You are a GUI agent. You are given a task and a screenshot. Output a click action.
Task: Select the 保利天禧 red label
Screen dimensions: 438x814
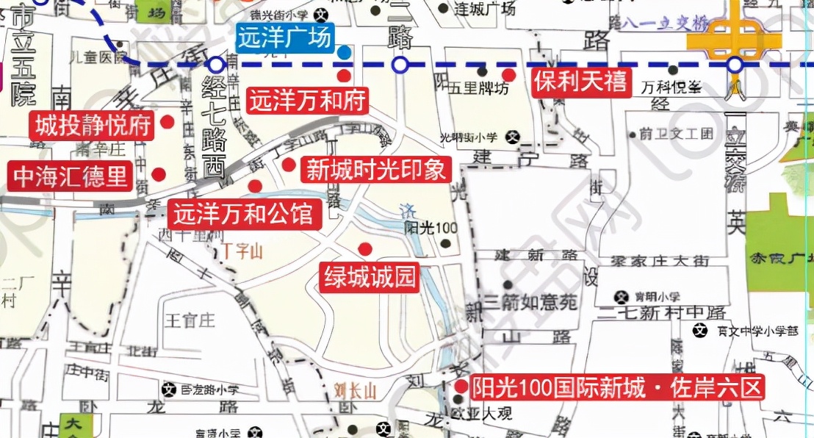pos(581,82)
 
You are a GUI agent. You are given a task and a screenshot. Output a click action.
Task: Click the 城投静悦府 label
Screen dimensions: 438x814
pos(93,125)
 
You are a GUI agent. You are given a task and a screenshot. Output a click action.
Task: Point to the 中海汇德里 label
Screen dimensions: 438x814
pos(71,176)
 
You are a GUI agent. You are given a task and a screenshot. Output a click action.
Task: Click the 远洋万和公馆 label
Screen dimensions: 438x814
pos(244,215)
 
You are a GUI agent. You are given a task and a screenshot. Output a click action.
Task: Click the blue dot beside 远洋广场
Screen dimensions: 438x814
pos(344,51)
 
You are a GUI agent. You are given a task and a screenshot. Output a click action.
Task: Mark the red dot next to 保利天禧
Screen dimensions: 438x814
pos(508,74)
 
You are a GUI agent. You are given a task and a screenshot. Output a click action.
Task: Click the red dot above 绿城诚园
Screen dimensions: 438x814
pos(364,248)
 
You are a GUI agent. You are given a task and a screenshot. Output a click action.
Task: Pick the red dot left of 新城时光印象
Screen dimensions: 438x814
pos(289,165)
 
